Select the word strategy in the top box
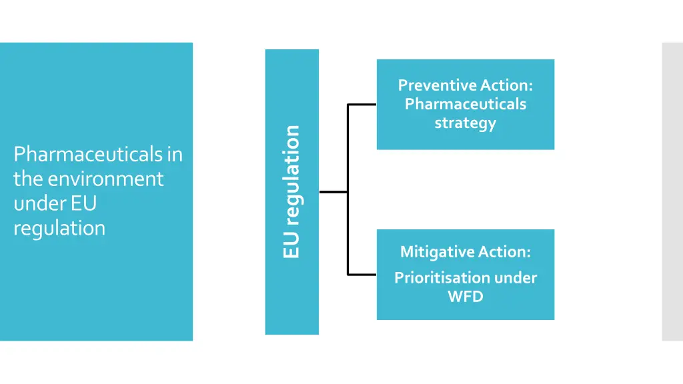point(466,123)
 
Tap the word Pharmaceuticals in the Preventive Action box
point(466,104)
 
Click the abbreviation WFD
point(466,296)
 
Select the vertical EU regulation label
point(291,192)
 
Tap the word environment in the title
point(101,179)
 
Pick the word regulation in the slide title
point(59,228)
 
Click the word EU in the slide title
point(85,203)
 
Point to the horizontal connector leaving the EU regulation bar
point(333,192)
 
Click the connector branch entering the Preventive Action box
point(362,105)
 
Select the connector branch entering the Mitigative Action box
point(362,274)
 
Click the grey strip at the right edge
point(672,192)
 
